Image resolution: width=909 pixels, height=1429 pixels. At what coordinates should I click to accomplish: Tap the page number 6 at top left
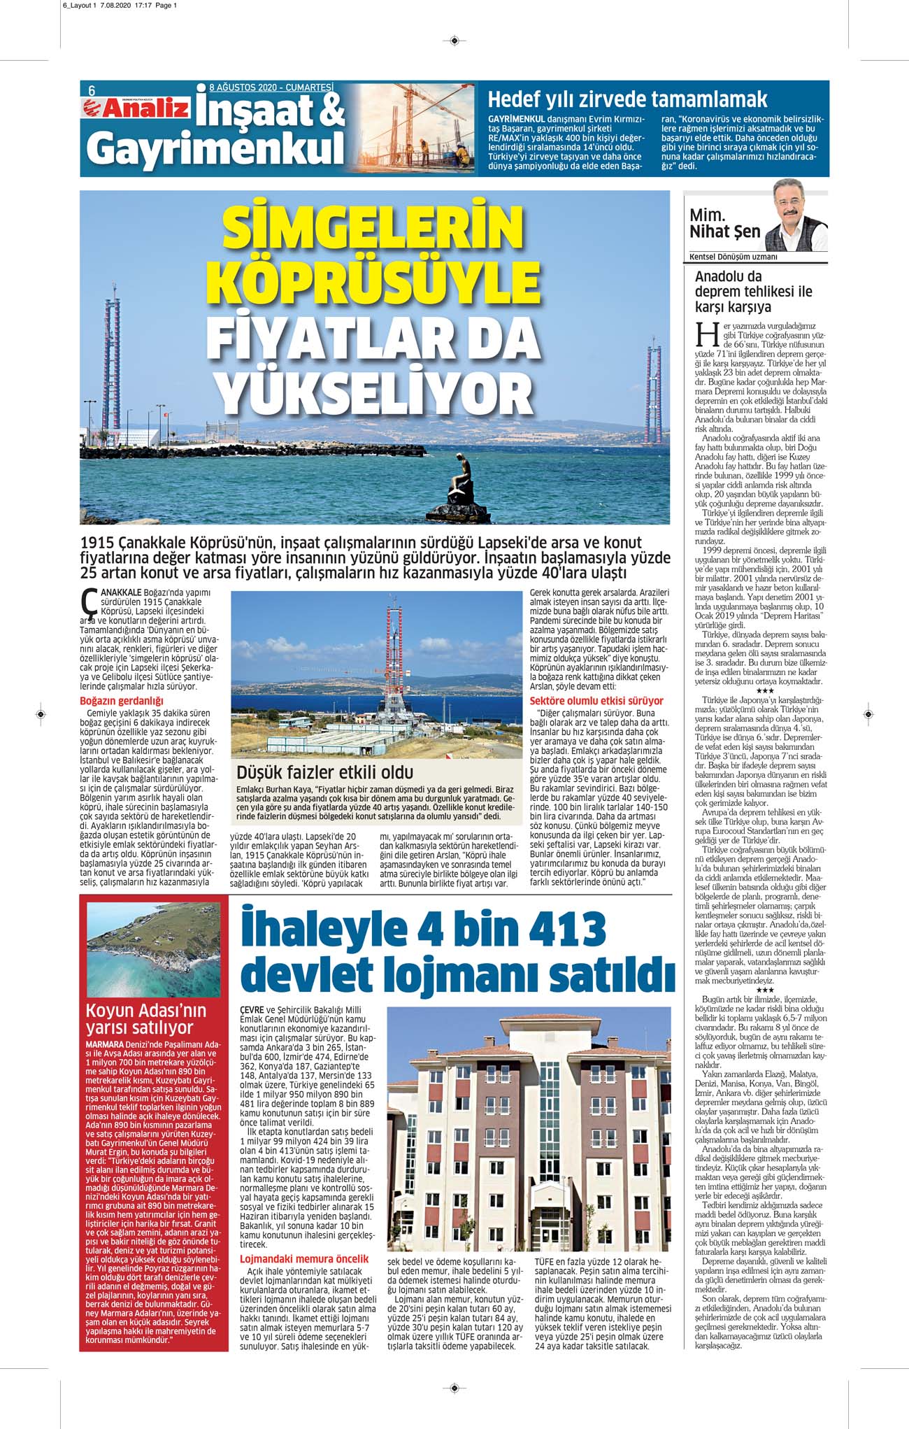[92, 90]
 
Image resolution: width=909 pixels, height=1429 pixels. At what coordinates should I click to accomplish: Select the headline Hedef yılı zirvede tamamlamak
[627, 99]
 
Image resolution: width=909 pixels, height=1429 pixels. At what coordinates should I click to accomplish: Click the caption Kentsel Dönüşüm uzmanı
[733, 257]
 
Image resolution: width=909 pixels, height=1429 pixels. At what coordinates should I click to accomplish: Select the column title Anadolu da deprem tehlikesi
[753, 292]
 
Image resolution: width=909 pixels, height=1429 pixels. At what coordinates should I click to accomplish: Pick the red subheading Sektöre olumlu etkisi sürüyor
[596, 700]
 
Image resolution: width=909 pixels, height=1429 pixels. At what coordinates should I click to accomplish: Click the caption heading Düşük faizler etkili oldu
[325, 772]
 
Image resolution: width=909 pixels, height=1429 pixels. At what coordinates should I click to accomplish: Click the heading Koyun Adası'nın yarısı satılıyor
[146, 1018]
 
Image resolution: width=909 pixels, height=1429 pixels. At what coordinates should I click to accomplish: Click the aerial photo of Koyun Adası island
[153, 948]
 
